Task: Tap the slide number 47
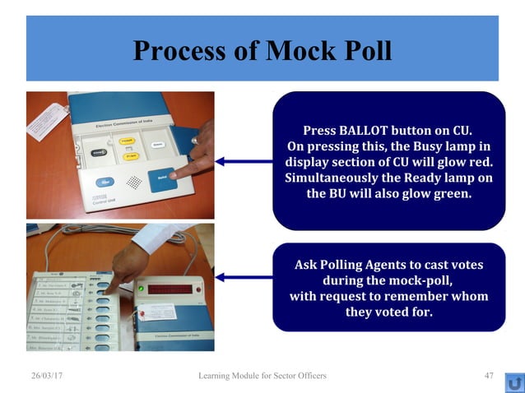coord(489,376)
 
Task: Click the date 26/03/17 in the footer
coord(47,376)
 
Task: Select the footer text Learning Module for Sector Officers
coord(262,376)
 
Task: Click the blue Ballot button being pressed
coord(161,174)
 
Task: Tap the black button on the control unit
coord(98,151)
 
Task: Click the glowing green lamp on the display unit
coord(141,289)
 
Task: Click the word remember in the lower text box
coord(408,296)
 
